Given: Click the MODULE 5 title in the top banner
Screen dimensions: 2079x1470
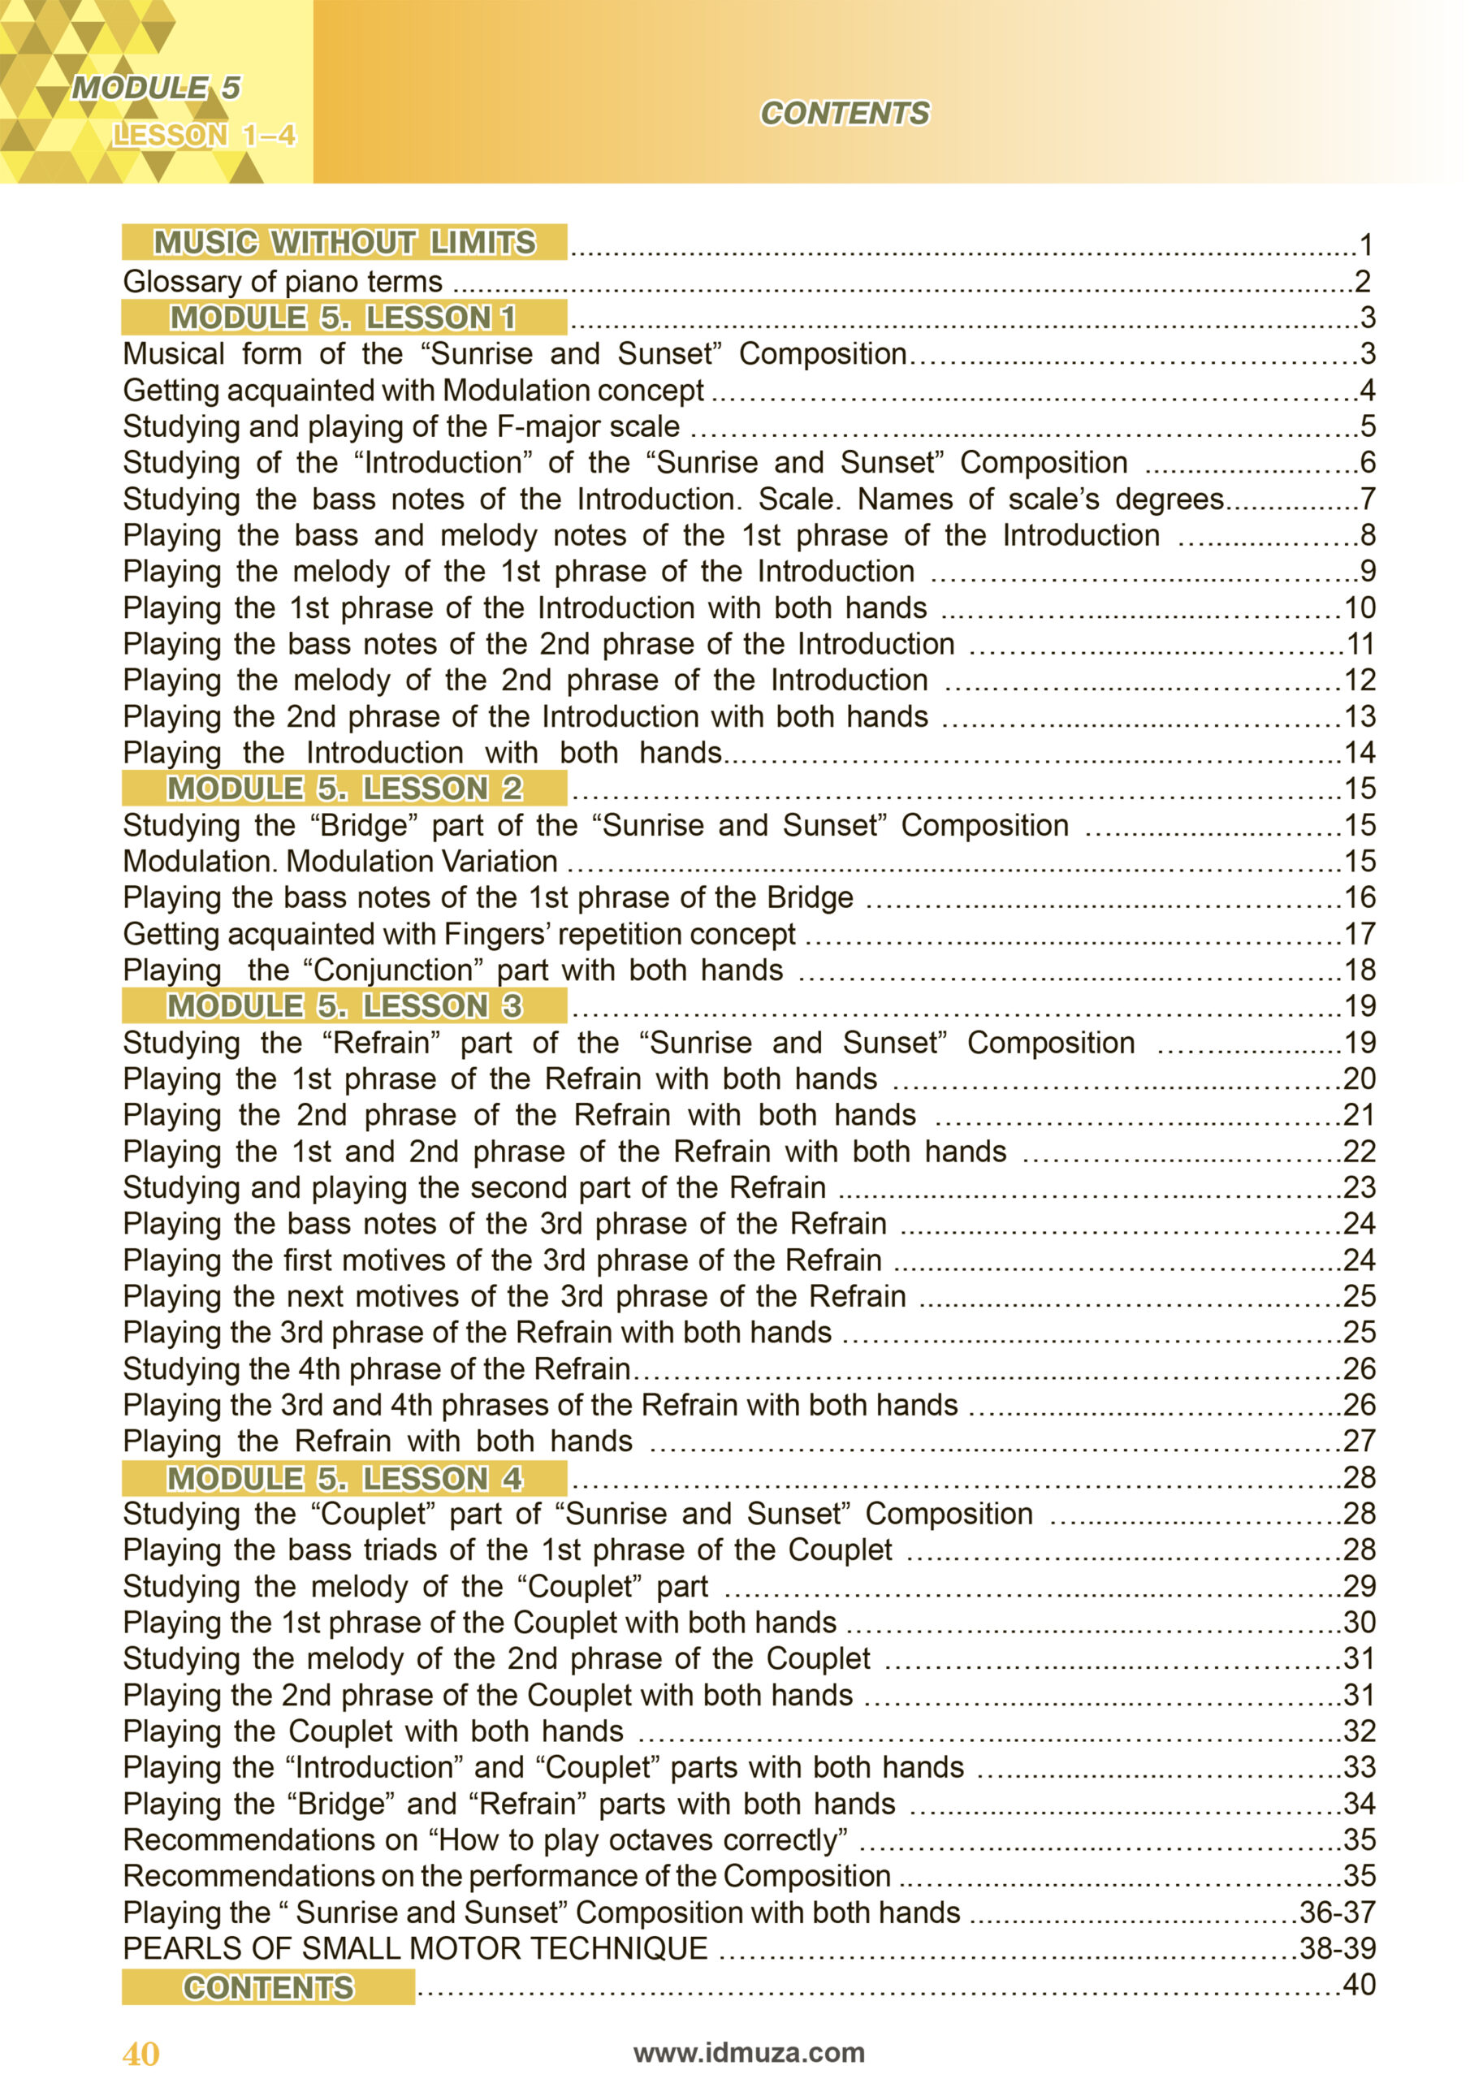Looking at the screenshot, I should coord(156,88).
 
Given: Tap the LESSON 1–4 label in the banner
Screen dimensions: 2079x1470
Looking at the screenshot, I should coord(204,136).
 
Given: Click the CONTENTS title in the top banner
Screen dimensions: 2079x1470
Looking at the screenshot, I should coord(844,113).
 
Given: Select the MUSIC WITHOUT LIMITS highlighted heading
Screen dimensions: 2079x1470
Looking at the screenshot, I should coord(344,243).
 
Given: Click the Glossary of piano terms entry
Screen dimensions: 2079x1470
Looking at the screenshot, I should coord(283,282).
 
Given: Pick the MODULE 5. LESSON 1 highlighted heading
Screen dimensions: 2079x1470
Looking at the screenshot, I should coord(344,318).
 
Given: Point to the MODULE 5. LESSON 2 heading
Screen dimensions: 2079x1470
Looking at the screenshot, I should coord(344,789).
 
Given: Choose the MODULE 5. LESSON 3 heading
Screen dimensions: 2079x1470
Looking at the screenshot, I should coord(344,1006).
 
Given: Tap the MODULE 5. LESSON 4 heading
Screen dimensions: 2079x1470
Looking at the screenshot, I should coord(344,1479).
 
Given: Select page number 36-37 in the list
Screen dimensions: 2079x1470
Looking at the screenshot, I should coord(1337,1913).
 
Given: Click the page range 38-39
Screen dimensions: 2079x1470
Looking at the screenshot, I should coord(1337,1948).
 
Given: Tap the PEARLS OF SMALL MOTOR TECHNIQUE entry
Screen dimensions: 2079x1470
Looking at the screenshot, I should coord(415,1948).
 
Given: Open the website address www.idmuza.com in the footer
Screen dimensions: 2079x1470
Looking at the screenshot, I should coord(749,2052).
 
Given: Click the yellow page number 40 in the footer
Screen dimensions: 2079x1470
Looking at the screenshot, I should coord(141,2054).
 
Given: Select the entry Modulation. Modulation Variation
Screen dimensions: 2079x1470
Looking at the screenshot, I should coord(339,861).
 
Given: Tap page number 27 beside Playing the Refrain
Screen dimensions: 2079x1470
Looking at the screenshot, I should coord(1359,1441).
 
